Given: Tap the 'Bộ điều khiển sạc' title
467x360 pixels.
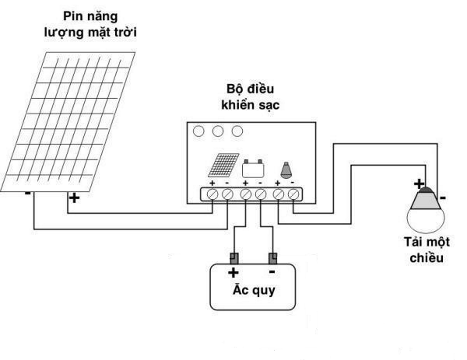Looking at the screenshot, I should [x=250, y=96].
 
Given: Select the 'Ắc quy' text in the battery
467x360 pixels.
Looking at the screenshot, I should [x=254, y=291].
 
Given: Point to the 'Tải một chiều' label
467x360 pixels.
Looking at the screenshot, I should [x=426, y=250].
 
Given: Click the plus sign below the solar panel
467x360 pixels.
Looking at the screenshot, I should [x=73, y=197].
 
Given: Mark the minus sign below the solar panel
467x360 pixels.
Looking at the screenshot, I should [x=28, y=193].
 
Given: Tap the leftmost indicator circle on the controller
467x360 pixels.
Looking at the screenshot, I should [x=199, y=131].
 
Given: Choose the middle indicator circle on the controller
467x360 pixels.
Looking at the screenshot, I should [x=218, y=131].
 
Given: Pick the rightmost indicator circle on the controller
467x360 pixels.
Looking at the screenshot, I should [x=237, y=131].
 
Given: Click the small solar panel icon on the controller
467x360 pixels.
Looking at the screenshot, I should [x=224, y=165].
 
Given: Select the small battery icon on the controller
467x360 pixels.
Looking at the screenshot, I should [x=252, y=168].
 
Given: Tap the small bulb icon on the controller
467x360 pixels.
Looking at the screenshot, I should [x=286, y=169].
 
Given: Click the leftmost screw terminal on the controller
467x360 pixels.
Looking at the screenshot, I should [x=213, y=194].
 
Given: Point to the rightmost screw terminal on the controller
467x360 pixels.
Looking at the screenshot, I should [x=294, y=194].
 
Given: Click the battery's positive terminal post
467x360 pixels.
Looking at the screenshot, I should [x=234, y=258].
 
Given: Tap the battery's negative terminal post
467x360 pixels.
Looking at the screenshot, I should [x=272, y=258].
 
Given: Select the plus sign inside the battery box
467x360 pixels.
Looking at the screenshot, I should [x=233, y=272].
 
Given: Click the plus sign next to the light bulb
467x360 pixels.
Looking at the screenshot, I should [x=419, y=184].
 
